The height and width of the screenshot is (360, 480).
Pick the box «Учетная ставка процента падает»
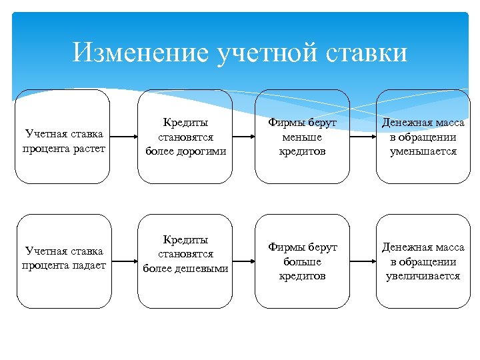(64, 261)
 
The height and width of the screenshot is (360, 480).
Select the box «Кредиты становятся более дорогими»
(185, 137)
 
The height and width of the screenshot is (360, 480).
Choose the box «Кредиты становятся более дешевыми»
(185, 261)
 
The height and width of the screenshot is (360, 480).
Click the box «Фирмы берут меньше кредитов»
(303, 137)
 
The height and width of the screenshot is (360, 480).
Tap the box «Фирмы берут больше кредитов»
(303, 261)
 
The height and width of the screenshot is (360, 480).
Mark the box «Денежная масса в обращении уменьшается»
(423, 137)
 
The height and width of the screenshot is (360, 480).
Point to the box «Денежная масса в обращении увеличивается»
(423, 261)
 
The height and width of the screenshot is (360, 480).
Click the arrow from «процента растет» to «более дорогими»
(123, 137)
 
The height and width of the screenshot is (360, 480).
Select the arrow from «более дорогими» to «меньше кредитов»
(244, 137)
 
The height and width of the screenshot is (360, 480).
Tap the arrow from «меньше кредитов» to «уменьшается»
(363, 137)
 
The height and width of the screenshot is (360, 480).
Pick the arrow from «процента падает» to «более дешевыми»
(125, 261)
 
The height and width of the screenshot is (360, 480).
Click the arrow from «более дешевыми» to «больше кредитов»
(244, 261)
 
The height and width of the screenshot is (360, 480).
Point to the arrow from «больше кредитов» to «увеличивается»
(363, 261)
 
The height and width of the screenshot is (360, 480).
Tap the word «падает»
(90, 265)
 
